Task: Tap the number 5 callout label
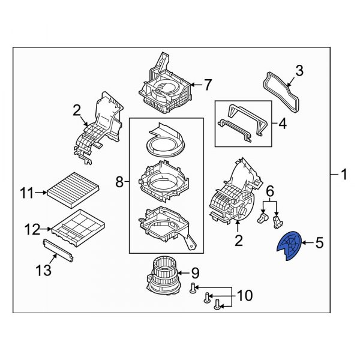point(319,243)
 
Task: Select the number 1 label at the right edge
point(344,175)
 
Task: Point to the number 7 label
point(208,85)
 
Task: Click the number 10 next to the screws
point(245,295)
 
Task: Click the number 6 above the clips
point(269,190)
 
